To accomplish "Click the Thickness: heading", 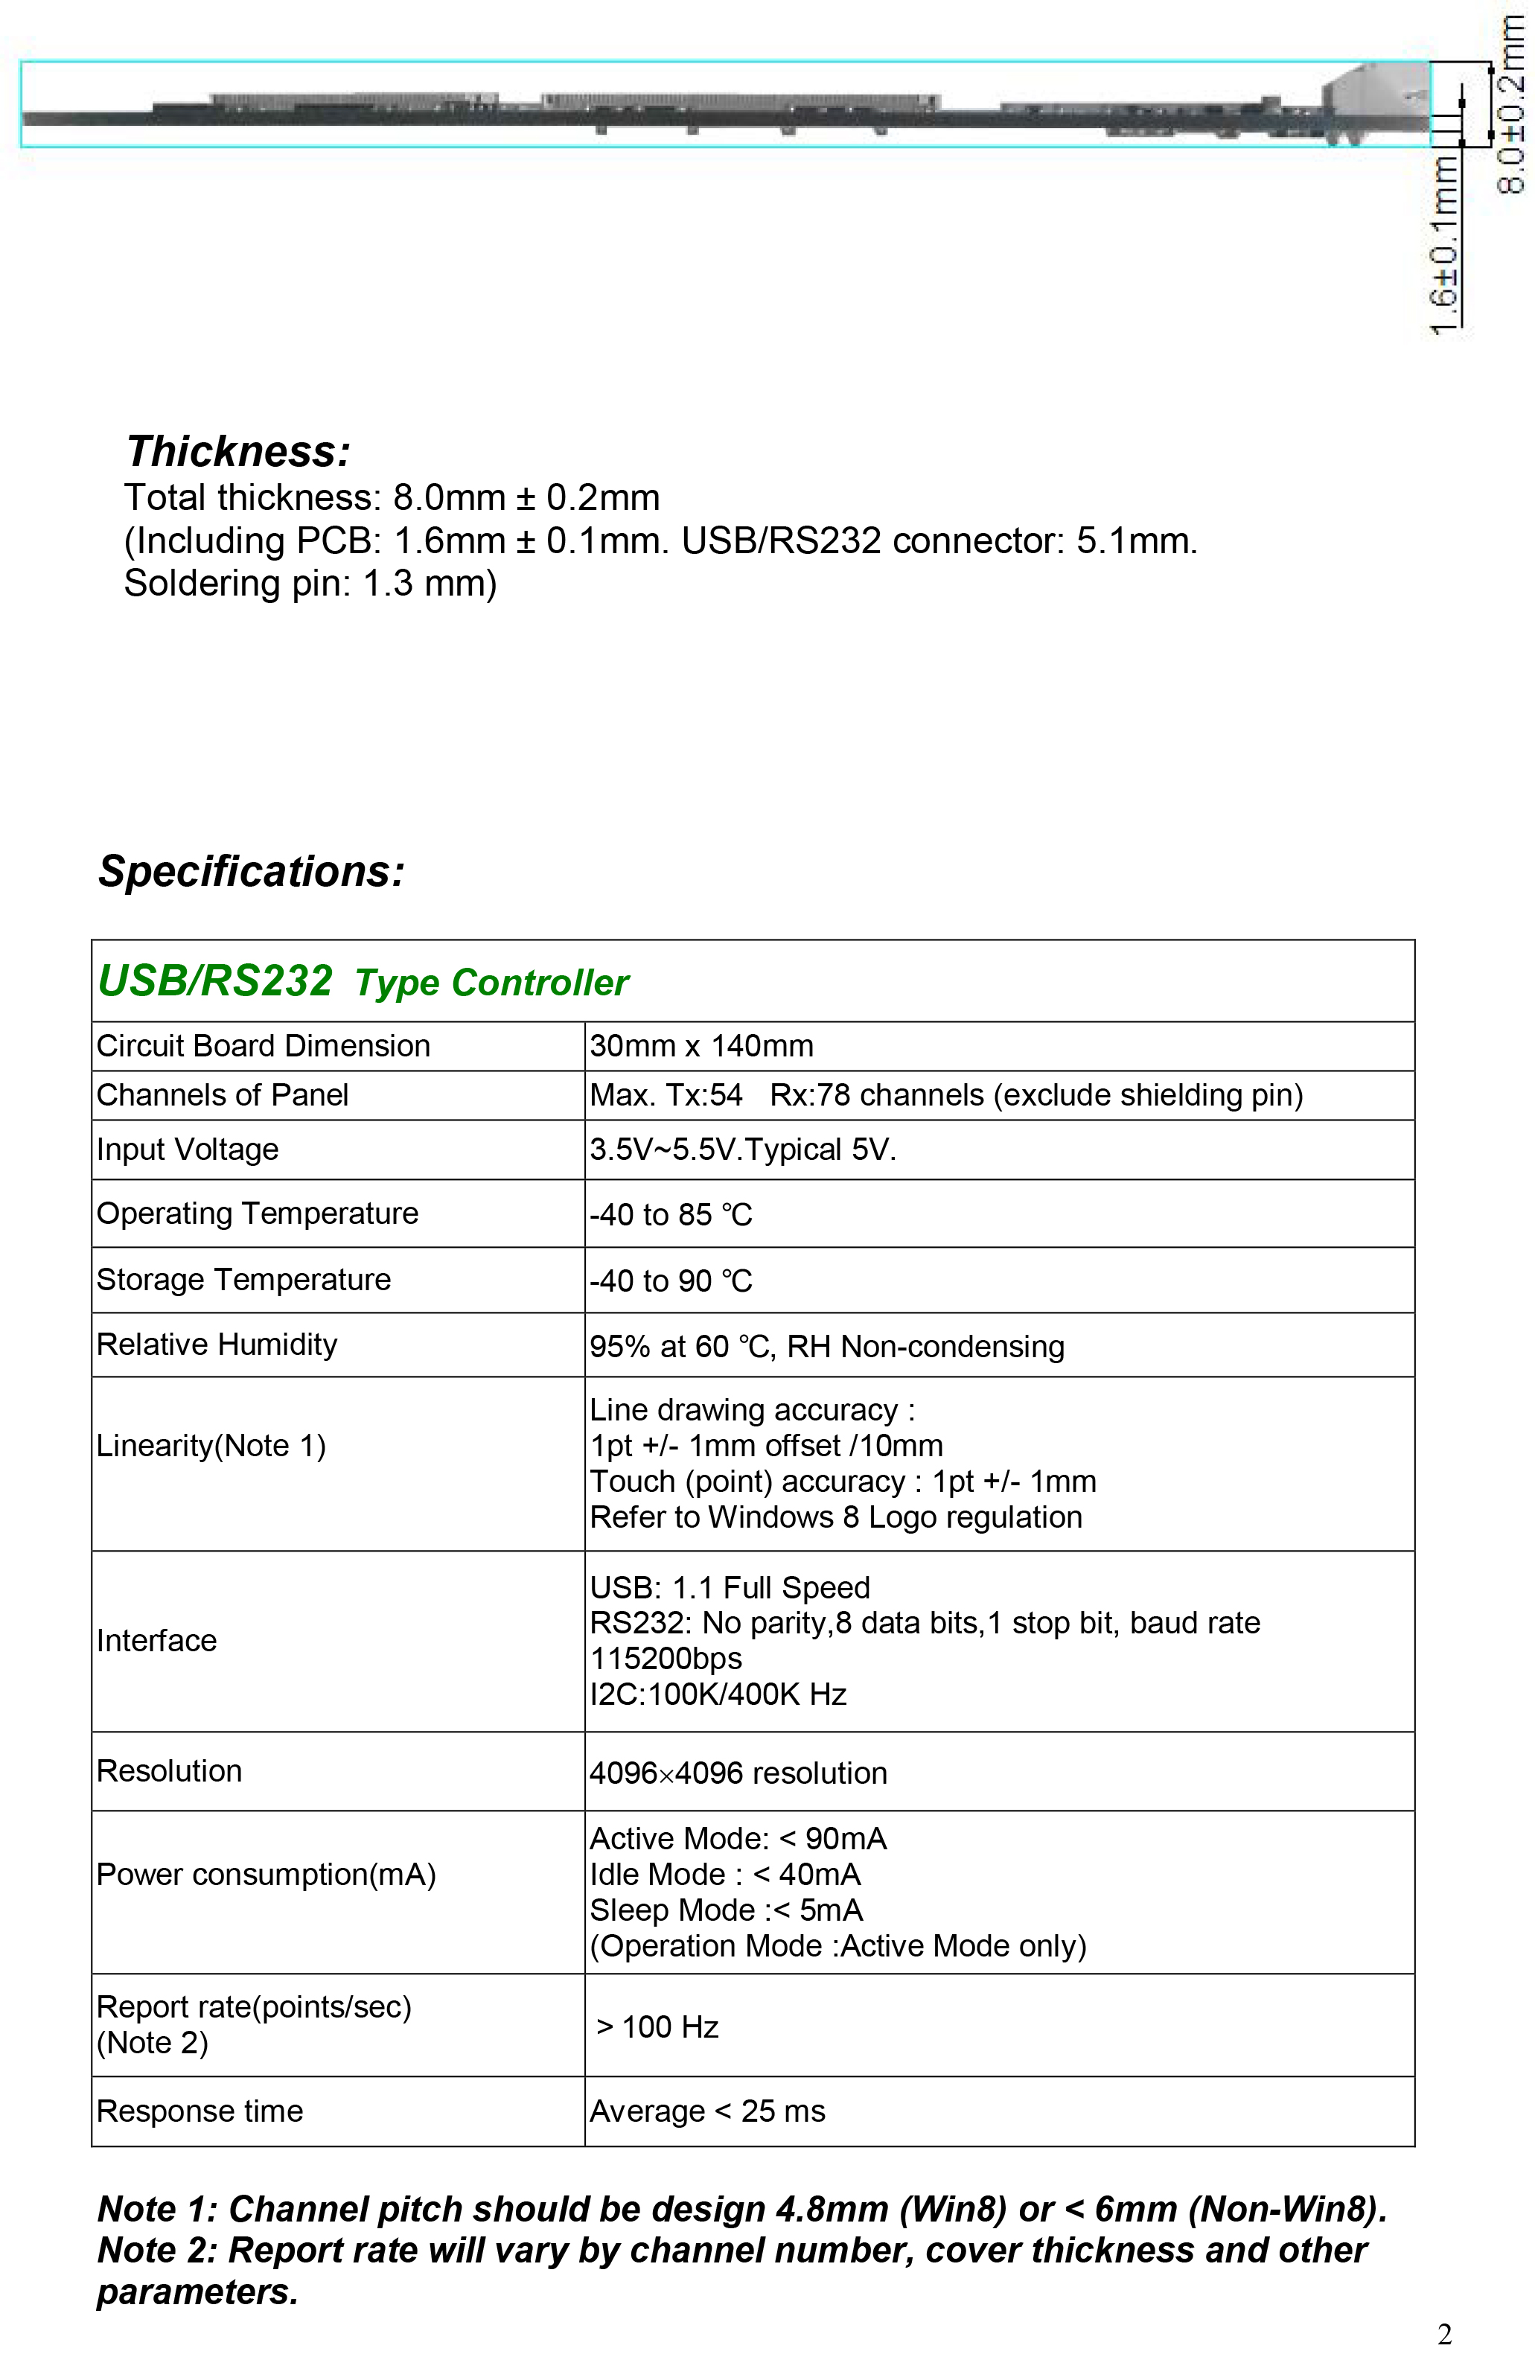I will click(238, 452).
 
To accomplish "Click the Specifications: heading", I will click(251, 872).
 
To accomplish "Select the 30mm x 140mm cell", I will click(701, 1046).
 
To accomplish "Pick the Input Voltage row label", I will click(188, 1149).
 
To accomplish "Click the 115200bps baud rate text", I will click(666, 1659).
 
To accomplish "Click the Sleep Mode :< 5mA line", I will click(726, 1910).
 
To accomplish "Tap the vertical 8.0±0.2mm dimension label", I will click(1510, 104).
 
